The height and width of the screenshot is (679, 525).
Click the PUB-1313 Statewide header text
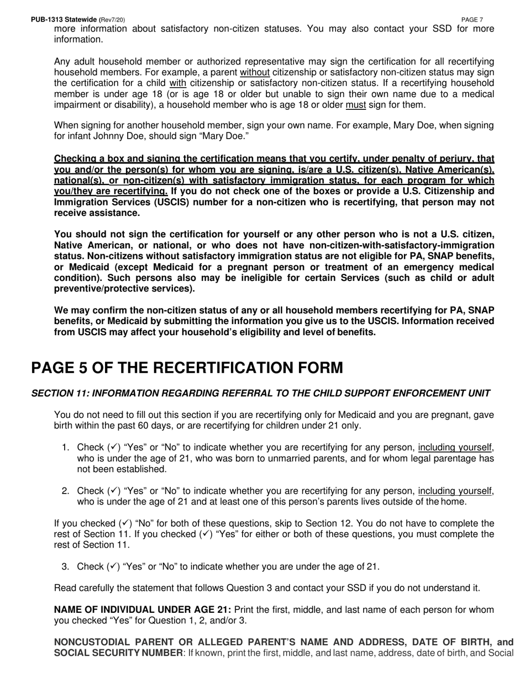[64, 20]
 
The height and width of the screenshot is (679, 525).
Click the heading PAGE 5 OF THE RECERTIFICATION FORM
[187, 368]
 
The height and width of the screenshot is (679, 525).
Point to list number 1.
[65, 447]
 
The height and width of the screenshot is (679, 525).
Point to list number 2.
[65, 491]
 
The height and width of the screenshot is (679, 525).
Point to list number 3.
[65, 566]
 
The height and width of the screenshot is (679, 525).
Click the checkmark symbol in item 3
[113, 566]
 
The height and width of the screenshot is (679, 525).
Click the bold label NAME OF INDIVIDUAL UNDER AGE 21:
[143, 610]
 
